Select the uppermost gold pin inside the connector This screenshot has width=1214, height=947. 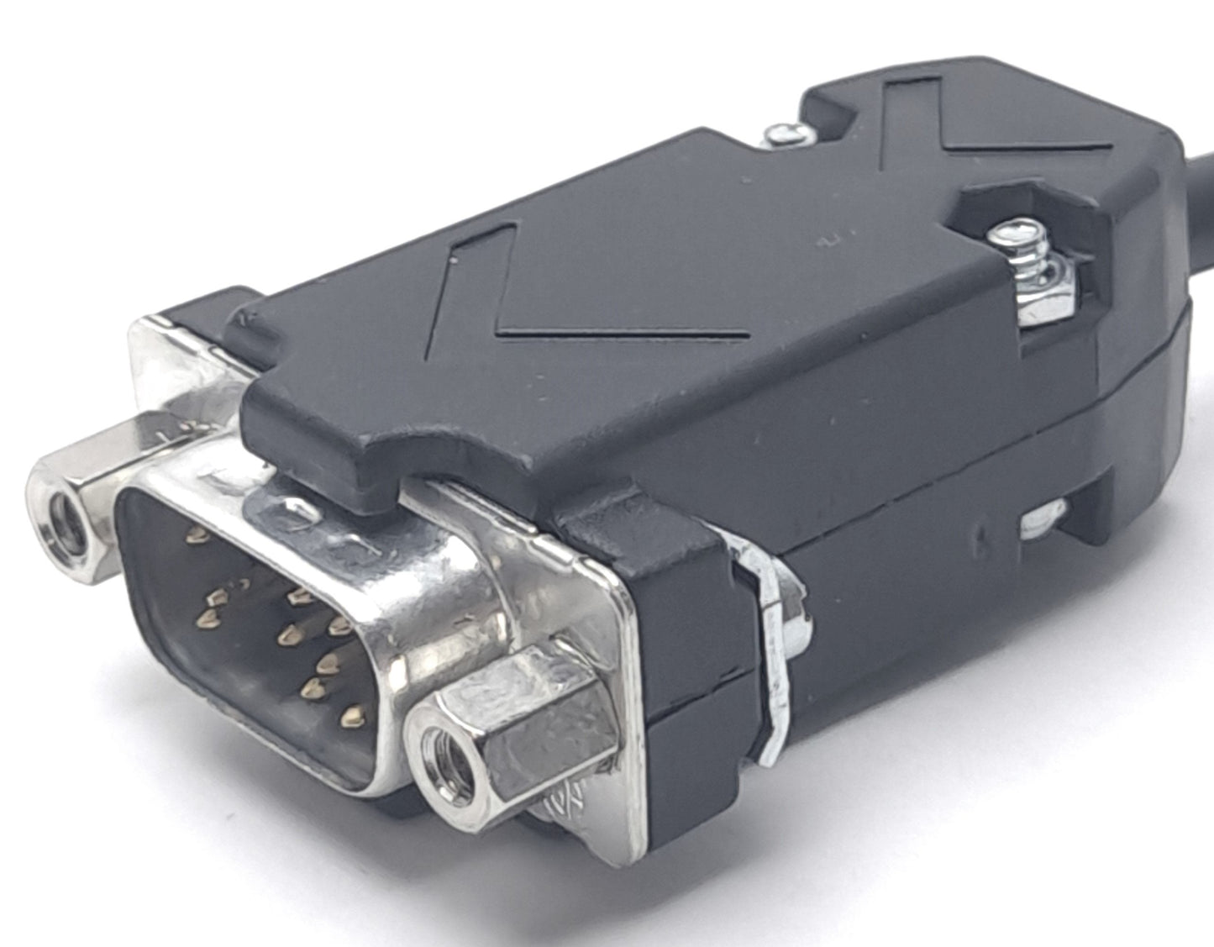[199, 533]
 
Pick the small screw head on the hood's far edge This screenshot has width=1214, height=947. [785, 134]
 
